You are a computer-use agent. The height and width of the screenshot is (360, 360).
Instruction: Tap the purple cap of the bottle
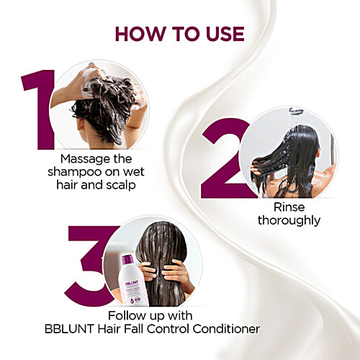coord(127,260)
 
